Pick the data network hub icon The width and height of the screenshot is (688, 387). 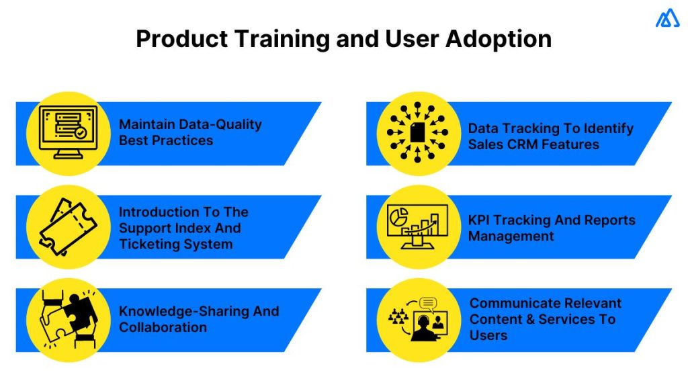(x=416, y=132)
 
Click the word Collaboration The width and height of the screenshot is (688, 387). (x=163, y=327)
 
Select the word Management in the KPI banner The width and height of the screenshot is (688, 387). (x=511, y=236)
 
